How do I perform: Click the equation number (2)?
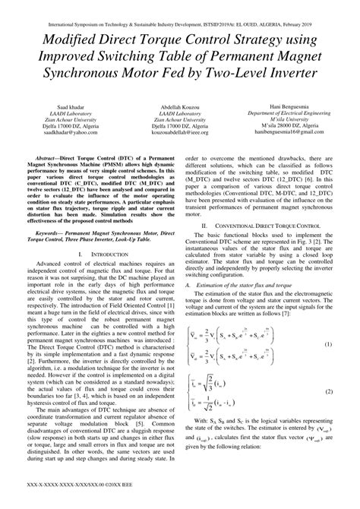tap(327, 390)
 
